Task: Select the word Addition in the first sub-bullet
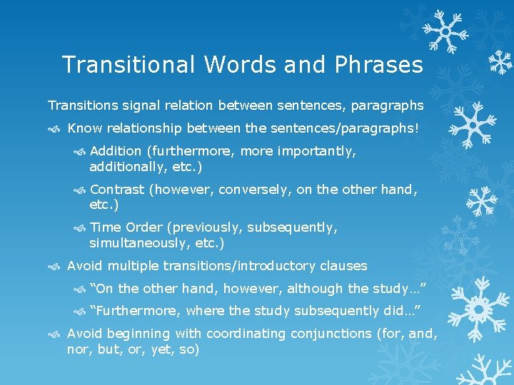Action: point(116,151)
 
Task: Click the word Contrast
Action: point(117,190)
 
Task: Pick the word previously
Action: point(208,227)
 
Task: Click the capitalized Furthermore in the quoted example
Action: point(136,311)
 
